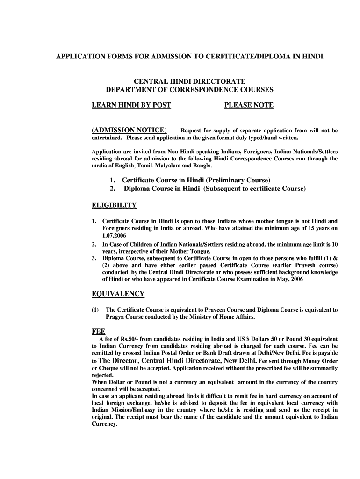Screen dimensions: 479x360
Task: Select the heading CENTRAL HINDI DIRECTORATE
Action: (x=189, y=81)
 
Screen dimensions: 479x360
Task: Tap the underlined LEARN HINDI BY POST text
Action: (x=131, y=105)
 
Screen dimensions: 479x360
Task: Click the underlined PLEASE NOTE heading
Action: (x=249, y=105)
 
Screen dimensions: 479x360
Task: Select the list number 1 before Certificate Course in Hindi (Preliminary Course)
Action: (x=112, y=180)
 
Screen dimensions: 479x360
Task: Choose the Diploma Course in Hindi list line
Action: (x=215, y=189)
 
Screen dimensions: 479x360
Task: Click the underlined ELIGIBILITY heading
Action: (x=114, y=205)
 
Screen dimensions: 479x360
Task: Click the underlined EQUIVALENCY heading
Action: (x=118, y=294)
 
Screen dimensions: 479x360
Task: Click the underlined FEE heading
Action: (x=98, y=330)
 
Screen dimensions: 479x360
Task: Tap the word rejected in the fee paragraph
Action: (x=102, y=375)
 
